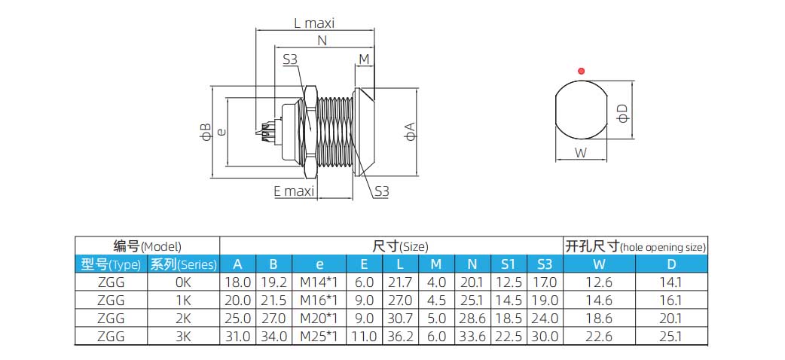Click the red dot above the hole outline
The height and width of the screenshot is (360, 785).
(580, 71)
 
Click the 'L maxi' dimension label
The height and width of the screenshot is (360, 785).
(314, 23)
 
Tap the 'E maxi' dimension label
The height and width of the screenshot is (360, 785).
(293, 191)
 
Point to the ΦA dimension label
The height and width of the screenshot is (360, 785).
(410, 133)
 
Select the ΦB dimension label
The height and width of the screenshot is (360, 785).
(205, 132)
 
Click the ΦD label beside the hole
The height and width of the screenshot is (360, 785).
(622, 113)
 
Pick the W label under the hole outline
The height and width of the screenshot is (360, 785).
(580, 153)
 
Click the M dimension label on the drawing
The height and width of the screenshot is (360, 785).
(364, 59)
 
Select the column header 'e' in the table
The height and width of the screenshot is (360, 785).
(319, 264)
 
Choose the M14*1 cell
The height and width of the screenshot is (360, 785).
(319, 282)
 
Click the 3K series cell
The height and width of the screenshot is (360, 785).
(183, 337)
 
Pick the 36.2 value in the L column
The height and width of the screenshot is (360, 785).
(399, 337)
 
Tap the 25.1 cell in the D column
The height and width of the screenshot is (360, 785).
(670, 337)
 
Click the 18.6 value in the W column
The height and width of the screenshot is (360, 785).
(600, 319)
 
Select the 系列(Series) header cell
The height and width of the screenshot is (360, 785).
(183, 264)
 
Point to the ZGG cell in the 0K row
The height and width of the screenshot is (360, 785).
(111, 282)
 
